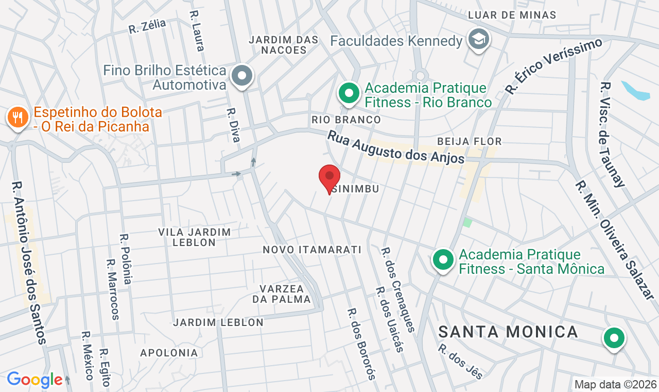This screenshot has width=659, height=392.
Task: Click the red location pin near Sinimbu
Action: [329, 177]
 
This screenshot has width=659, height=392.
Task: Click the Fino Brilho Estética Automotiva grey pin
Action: [242, 76]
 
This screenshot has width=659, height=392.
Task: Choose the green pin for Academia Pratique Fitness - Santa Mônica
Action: [443, 260]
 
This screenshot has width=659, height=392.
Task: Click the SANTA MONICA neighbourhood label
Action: [508, 332]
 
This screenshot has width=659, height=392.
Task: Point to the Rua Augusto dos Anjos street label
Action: [396, 148]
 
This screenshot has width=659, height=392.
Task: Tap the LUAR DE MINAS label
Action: [512, 15]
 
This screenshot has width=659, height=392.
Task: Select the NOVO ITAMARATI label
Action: [312, 250]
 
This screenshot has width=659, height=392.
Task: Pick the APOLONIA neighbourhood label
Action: [169, 353]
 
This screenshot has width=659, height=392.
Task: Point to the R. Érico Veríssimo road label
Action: [553, 66]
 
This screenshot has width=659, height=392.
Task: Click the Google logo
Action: [34, 380]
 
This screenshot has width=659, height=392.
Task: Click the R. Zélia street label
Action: [147, 26]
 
